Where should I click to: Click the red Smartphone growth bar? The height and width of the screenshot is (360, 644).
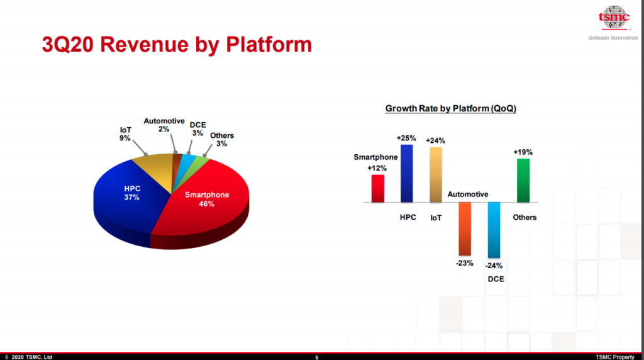(x=378, y=189)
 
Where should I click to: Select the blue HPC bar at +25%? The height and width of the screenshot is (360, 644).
(x=407, y=174)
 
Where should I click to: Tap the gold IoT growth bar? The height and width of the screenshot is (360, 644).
(x=436, y=175)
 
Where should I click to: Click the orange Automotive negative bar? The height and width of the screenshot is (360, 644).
(x=465, y=229)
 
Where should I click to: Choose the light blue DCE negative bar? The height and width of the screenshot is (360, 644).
(x=494, y=230)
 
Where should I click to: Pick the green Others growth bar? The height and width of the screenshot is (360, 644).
(x=523, y=181)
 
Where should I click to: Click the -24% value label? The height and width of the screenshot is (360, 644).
(x=494, y=266)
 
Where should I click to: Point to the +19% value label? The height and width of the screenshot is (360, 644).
(x=523, y=152)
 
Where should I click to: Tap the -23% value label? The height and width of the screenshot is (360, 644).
(x=465, y=264)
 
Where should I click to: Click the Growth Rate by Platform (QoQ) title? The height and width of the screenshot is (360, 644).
(x=450, y=108)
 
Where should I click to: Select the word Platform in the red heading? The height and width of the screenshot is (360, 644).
(x=269, y=45)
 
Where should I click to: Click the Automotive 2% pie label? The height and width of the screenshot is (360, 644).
(x=164, y=125)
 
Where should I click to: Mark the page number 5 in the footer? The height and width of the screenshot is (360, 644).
(x=317, y=357)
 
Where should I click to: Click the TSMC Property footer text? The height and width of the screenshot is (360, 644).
(x=615, y=357)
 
